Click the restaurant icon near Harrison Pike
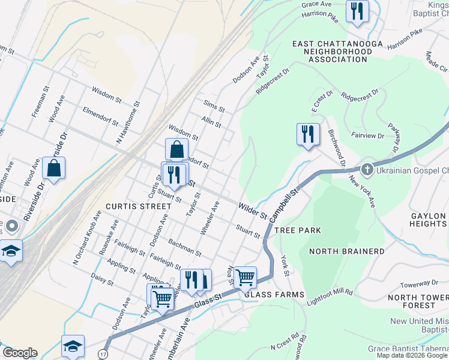tap(358, 11)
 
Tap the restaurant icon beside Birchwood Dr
tap(308, 134)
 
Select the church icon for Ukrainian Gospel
tap(367, 170)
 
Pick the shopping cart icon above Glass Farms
tap(245, 278)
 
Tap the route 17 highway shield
tap(103, 347)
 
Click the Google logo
tap(20, 353)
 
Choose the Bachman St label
tap(185, 247)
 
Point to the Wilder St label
tap(252, 210)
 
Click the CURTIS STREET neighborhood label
tap(138, 206)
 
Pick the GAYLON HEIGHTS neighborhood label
tap(429, 220)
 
